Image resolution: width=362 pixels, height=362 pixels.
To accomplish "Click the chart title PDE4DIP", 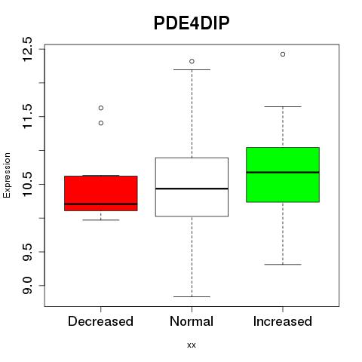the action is click(192, 23).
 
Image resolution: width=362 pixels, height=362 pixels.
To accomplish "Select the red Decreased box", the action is click(101, 193).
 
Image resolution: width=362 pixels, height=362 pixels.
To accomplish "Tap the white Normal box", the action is click(192, 187).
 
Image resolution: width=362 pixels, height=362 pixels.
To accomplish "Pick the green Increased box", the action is click(283, 175).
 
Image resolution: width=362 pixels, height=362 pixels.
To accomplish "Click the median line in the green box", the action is click(283, 173).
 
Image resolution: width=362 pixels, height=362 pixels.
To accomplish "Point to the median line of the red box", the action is click(101, 204).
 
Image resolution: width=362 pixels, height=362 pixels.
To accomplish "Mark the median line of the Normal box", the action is click(192, 189).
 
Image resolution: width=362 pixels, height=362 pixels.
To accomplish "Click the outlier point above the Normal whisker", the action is click(192, 61).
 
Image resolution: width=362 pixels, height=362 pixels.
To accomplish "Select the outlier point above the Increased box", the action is click(283, 54).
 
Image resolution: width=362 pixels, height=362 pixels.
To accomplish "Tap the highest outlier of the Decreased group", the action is click(101, 108).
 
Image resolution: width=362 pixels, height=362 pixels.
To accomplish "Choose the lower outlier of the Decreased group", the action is click(101, 123).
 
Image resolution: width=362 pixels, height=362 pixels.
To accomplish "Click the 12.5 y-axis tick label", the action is click(27, 49).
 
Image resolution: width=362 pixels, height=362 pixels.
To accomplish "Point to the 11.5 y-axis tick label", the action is click(27, 116).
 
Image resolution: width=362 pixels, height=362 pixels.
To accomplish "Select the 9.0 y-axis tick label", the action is click(27, 286).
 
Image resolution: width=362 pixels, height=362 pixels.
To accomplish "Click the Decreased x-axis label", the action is click(100, 321).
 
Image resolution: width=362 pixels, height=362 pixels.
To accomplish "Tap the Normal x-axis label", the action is click(192, 321).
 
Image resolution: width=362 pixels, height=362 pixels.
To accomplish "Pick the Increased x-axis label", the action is click(283, 321).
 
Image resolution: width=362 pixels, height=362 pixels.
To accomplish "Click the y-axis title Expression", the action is click(7, 175).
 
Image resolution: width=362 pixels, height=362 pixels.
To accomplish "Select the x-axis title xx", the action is click(192, 345).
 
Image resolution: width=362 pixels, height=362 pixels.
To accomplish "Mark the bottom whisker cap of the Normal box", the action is click(192, 296).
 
